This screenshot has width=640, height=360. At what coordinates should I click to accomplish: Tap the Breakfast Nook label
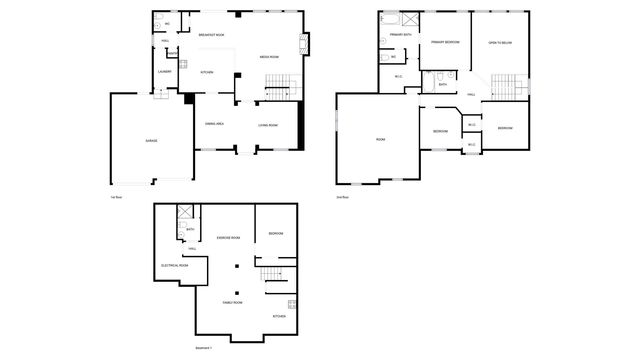click(x=211, y=35)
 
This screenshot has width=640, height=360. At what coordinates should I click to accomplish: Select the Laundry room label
click(x=164, y=72)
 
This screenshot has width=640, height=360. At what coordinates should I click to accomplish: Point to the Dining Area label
click(x=214, y=125)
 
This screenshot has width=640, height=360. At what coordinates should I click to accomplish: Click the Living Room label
click(x=268, y=125)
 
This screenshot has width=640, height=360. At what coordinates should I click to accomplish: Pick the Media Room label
click(x=269, y=57)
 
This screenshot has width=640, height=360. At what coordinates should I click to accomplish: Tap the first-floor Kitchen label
click(x=208, y=72)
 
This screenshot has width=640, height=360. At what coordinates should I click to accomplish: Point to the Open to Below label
click(x=501, y=43)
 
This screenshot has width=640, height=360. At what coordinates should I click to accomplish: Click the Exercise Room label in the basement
click(x=228, y=237)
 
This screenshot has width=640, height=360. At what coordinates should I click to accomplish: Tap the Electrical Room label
click(x=175, y=265)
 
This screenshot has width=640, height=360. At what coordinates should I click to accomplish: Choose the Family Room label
click(x=233, y=301)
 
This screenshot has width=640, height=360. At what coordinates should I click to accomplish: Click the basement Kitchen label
click(x=280, y=316)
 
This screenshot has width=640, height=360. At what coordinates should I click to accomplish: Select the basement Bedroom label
click(x=276, y=234)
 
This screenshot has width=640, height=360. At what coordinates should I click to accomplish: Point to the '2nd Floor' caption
click(x=342, y=197)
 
